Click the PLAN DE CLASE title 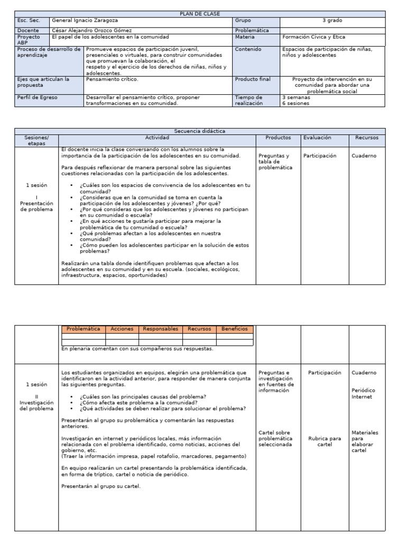(x=200, y=14)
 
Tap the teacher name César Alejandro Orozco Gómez (x=92, y=31)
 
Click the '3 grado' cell (x=332, y=21)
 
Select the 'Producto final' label (x=252, y=79)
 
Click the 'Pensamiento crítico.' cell (x=112, y=79)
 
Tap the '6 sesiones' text (x=296, y=104)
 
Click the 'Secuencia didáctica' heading (x=200, y=131)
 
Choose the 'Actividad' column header (x=157, y=138)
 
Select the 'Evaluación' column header (x=317, y=138)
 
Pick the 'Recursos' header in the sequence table (x=366, y=138)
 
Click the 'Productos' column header (x=278, y=138)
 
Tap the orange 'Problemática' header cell (x=84, y=329)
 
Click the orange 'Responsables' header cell (x=160, y=329)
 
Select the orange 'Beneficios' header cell (x=234, y=329)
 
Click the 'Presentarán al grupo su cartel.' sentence (x=101, y=486)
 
